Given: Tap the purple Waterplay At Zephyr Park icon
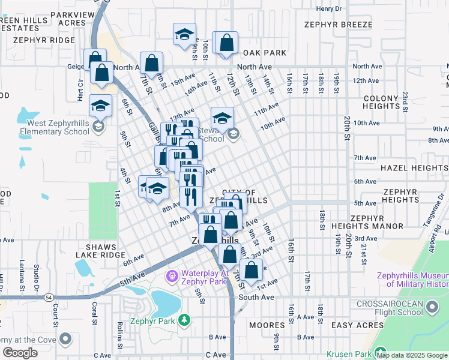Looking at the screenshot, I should point(172,275).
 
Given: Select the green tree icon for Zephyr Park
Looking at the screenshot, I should point(186,319).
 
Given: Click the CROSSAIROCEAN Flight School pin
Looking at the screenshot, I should point(431,308).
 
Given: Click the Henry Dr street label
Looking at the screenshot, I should point(328,9).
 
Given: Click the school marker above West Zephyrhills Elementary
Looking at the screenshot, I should point(100,106).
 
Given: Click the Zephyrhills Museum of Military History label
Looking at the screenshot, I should point(412,280).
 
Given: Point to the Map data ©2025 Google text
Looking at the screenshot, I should point(412,355).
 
